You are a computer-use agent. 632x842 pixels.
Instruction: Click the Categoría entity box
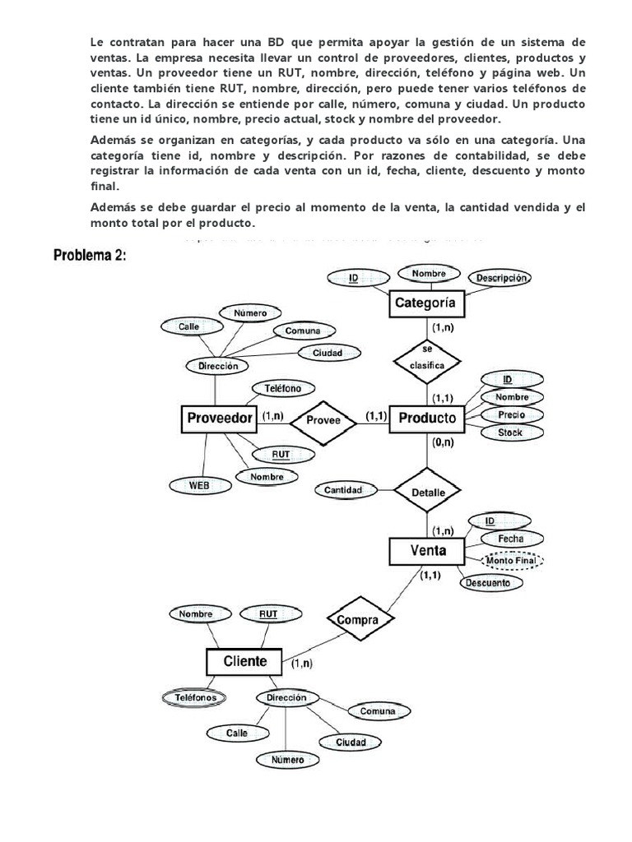pos(425,304)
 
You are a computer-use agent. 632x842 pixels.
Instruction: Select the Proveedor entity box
pos(219,418)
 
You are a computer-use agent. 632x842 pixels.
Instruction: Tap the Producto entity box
pos(426,418)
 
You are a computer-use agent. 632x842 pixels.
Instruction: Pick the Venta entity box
pos(426,550)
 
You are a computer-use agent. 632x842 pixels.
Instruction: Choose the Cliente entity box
pos(244,660)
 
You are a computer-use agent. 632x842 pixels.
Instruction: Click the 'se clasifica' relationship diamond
pos(426,356)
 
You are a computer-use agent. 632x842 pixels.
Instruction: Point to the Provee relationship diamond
pos(323,419)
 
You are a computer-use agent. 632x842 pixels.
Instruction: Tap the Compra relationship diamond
pos(360,620)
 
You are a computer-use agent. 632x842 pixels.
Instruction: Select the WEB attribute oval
pos(199,485)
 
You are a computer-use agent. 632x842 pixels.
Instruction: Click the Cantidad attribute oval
pos(343,490)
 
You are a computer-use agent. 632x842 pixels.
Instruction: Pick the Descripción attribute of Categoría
pos(500,279)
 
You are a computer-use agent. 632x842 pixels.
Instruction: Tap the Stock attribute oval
pos(510,433)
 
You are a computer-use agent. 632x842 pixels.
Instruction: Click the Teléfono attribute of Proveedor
pos(282,388)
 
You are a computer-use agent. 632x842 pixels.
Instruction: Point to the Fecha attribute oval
pos(511,539)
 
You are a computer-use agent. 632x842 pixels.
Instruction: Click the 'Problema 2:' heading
pos(91,255)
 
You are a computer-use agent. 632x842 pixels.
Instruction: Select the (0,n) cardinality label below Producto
pos(442,442)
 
